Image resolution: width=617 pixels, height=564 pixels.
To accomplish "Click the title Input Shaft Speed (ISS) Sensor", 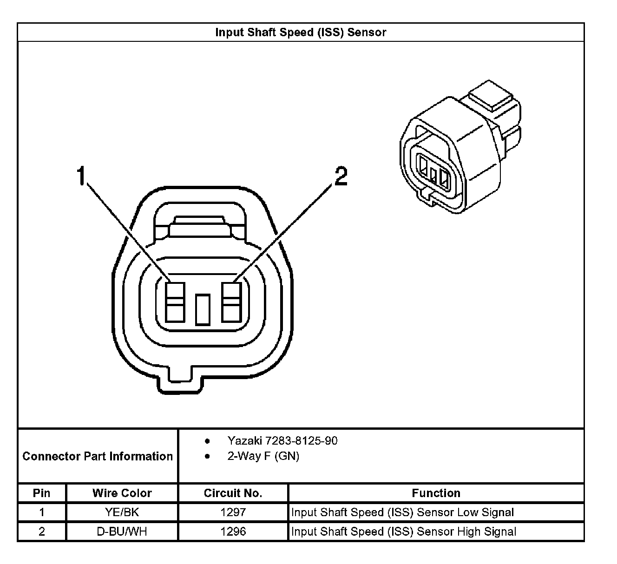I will pyautogui.click(x=301, y=32).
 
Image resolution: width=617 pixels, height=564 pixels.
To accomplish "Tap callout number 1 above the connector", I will pyautogui.click(x=82, y=176).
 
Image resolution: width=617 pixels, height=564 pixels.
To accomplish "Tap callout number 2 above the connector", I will pyautogui.click(x=341, y=177).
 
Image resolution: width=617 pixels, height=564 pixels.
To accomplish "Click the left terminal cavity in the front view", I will pyautogui.click(x=176, y=302).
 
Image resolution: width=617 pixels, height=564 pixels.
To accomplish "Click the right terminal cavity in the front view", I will pyautogui.click(x=231, y=302).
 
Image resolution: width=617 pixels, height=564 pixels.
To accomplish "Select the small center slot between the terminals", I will pyautogui.click(x=203, y=309).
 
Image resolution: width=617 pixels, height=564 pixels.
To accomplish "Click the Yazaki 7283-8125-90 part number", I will pyautogui.click(x=282, y=440).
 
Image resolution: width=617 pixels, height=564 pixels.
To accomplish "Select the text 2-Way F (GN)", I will pyautogui.click(x=263, y=456).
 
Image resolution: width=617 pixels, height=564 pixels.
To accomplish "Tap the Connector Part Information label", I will pyautogui.click(x=98, y=456).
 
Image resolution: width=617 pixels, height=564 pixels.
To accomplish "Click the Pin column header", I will pyautogui.click(x=42, y=493).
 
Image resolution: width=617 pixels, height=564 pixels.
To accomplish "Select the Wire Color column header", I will pyautogui.click(x=122, y=493).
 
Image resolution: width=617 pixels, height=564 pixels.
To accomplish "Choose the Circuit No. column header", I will pyautogui.click(x=233, y=493).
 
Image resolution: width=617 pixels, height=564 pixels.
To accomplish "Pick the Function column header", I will pyautogui.click(x=436, y=493).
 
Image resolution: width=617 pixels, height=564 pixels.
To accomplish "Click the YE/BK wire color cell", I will pyautogui.click(x=122, y=512).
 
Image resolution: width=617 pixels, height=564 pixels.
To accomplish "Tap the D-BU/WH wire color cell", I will pyautogui.click(x=122, y=531).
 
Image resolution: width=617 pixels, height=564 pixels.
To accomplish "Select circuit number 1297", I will pyautogui.click(x=233, y=512).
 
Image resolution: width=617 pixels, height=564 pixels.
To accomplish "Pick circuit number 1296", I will pyautogui.click(x=233, y=531).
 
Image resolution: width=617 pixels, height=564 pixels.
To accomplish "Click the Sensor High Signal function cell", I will pyautogui.click(x=404, y=531).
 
